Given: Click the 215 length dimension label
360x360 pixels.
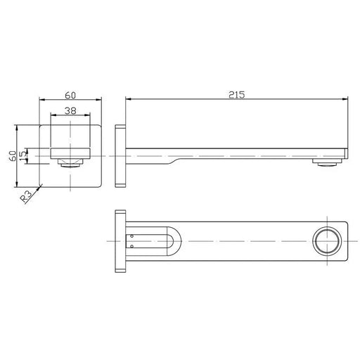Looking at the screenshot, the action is tap(236, 94).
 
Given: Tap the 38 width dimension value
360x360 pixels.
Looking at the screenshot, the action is tap(70, 110).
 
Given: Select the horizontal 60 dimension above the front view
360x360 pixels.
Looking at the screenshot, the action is tap(70, 96).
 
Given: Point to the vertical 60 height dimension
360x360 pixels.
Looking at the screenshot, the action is tap(13, 156).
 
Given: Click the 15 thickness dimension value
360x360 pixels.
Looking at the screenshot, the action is tap(23, 155).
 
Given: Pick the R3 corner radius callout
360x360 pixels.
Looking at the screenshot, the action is tap(25, 196).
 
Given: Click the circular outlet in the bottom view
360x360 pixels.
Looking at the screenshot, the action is tap(327, 241).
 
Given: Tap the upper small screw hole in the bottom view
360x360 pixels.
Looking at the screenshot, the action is tap(131, 236).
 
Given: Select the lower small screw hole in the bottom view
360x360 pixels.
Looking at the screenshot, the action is tap(131, 246).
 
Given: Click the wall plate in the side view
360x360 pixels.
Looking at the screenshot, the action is tap(120, 156).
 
